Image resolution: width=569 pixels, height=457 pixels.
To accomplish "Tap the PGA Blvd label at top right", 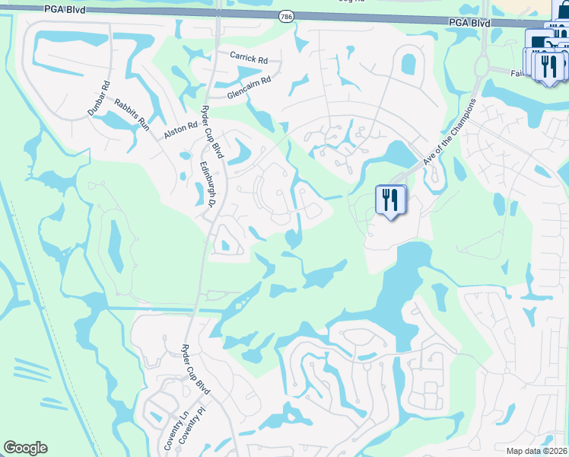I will coord(469,24).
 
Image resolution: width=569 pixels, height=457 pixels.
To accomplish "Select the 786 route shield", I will coord(285,16).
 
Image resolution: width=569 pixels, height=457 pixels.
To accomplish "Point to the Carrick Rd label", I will coord(249,57).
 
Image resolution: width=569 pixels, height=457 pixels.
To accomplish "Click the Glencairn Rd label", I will coord(249,88).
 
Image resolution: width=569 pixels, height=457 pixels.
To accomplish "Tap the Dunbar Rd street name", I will coord(99,98).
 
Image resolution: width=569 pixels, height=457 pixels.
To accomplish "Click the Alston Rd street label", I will coord(180,126).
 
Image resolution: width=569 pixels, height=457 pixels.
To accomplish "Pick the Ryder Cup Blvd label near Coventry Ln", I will coord(195,369).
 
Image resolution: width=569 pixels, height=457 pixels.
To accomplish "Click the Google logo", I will coord(25,448).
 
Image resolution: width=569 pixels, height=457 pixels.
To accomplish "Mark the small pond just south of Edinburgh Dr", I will coord(226,246).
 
